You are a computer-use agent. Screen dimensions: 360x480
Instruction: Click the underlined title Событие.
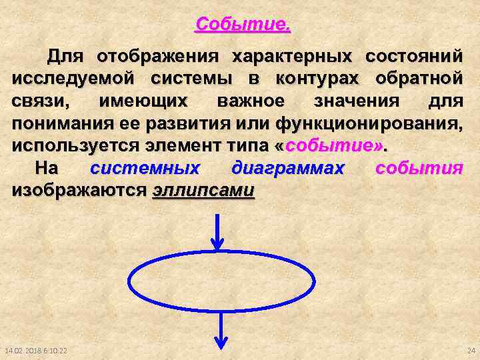243,26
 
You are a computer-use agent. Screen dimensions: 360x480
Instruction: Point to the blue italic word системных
145,169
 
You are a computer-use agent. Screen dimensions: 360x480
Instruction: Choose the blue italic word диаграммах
287,169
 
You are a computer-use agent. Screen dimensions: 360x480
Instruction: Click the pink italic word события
419,169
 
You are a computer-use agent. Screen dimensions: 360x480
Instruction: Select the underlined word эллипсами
203,191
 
